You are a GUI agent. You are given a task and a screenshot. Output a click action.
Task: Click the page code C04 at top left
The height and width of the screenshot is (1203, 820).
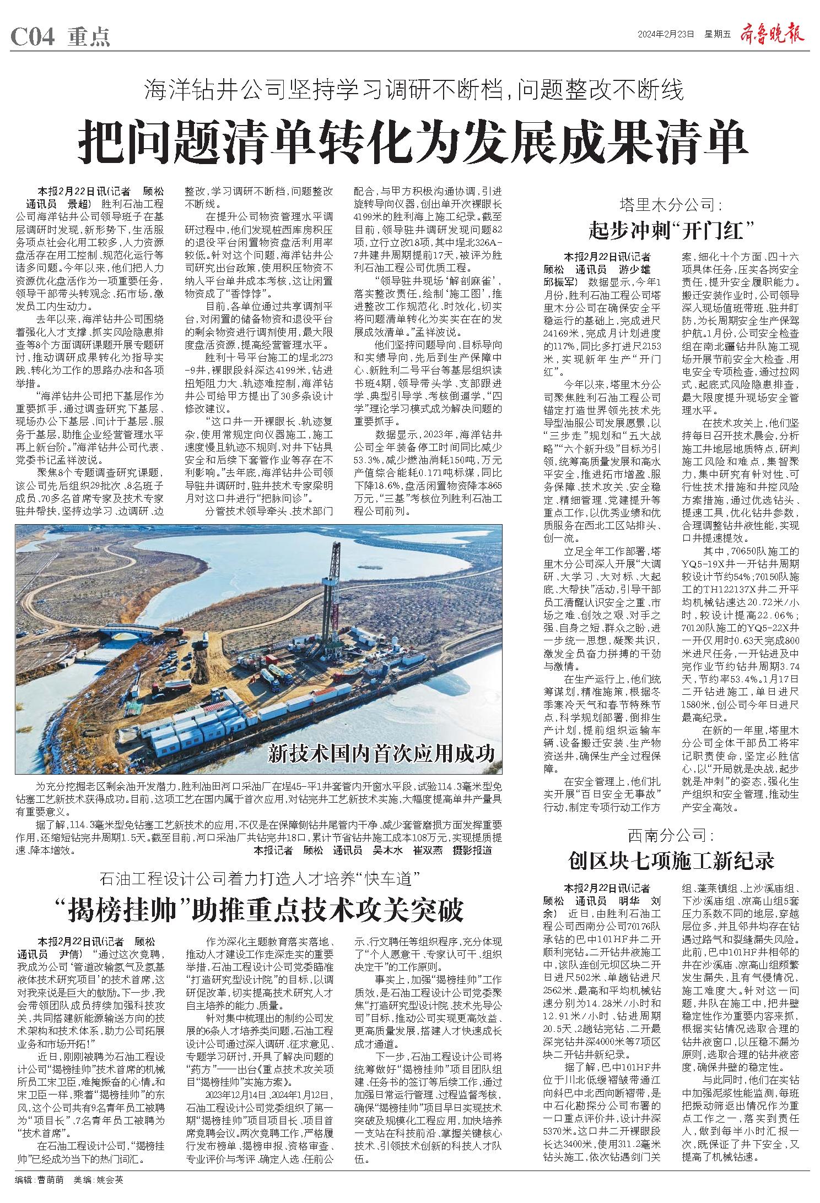coord(33,37)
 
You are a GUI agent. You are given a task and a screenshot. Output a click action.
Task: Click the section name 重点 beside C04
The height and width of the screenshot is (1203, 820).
coord(89,37)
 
